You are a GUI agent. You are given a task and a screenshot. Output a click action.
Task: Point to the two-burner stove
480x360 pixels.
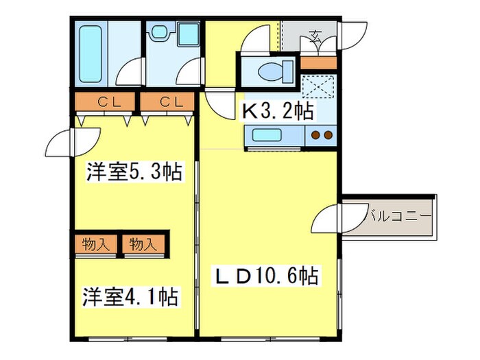point(321,135)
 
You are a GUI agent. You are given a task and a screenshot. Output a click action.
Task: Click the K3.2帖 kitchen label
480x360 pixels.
point(276,110)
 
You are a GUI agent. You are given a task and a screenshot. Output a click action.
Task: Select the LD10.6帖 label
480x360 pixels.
point(267,276)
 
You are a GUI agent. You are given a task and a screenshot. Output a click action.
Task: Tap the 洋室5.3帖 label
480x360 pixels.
point(134,172)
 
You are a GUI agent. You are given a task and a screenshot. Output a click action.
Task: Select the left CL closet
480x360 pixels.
point(106,103)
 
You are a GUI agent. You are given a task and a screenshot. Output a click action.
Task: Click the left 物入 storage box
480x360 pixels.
point(95,243)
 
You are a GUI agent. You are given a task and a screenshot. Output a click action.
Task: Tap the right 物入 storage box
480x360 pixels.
point(143,243)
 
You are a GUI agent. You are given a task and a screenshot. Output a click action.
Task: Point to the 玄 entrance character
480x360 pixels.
point(315,36)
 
